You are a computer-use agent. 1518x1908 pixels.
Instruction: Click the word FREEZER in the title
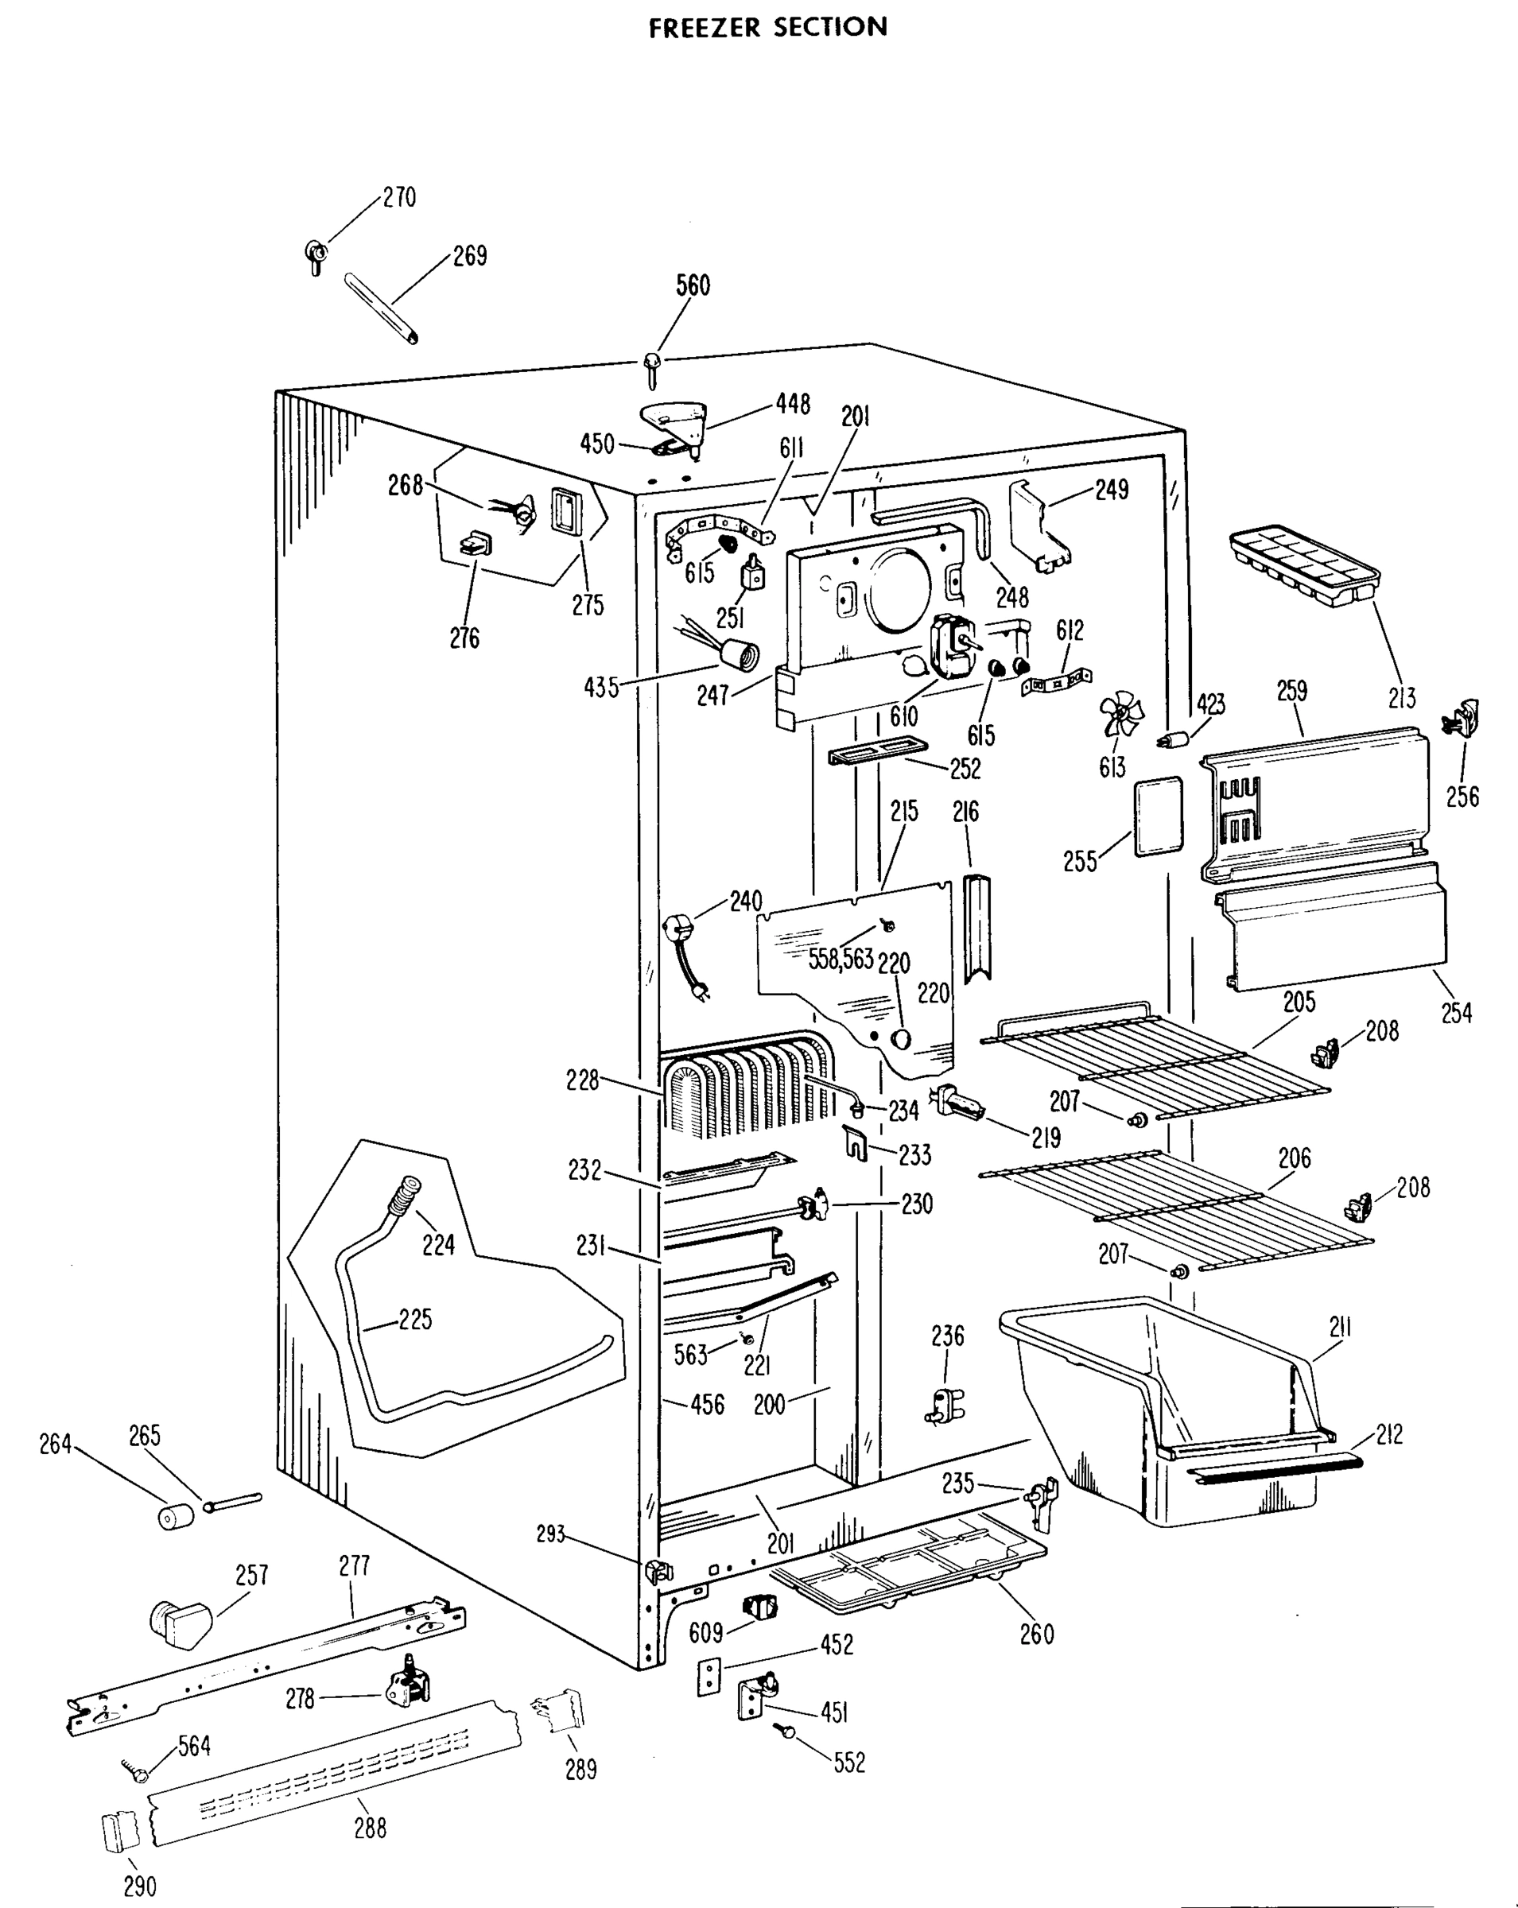click(705, 28)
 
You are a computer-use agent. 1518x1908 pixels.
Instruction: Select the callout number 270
click(399, 197)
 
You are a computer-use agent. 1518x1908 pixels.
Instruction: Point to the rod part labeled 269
click(382, 307)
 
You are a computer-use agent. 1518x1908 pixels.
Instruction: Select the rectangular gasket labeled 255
click(1158, 815)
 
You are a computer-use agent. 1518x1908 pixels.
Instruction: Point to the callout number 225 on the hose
click(415, 1320)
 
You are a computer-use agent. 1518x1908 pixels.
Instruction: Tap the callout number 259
click(1291, 690)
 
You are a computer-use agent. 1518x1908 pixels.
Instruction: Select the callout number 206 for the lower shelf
click(1294, 1158)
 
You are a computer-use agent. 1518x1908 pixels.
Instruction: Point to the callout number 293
click(550, 1534)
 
